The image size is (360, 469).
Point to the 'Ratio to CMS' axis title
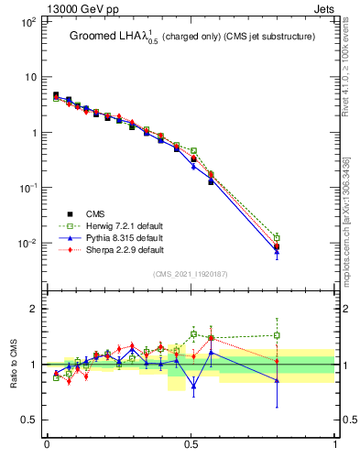[x=14, y=364]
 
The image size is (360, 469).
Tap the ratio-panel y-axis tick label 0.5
[x=28, y=420]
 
